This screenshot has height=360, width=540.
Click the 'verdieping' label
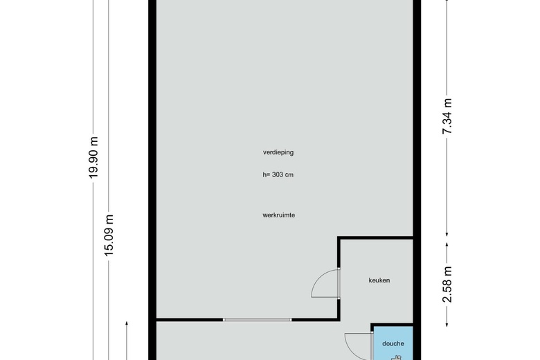point(278,152)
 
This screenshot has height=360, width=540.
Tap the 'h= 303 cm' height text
point(278,174)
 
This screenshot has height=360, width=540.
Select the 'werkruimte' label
point(278,215)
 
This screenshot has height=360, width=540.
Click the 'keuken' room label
point(379,280)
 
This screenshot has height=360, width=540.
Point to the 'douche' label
point(393,343)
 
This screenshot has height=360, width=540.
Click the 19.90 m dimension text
point(93,157)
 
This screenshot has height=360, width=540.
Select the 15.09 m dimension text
point(109,235)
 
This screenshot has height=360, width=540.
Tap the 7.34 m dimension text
point(447,116)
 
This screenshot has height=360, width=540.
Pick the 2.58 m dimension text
point(447,285)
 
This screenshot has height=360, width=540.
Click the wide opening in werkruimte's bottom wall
point(258,320)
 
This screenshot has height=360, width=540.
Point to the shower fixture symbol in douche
point(397,358)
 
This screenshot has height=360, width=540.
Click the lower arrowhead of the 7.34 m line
point(447,235)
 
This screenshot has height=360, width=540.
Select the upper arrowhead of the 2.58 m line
point(447,244)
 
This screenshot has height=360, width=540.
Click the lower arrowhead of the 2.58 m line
point(447,324)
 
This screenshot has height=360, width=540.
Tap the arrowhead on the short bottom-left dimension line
point(127,323)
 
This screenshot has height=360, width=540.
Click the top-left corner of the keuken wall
point(339,237)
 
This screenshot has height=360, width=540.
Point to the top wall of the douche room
point(392,325)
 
